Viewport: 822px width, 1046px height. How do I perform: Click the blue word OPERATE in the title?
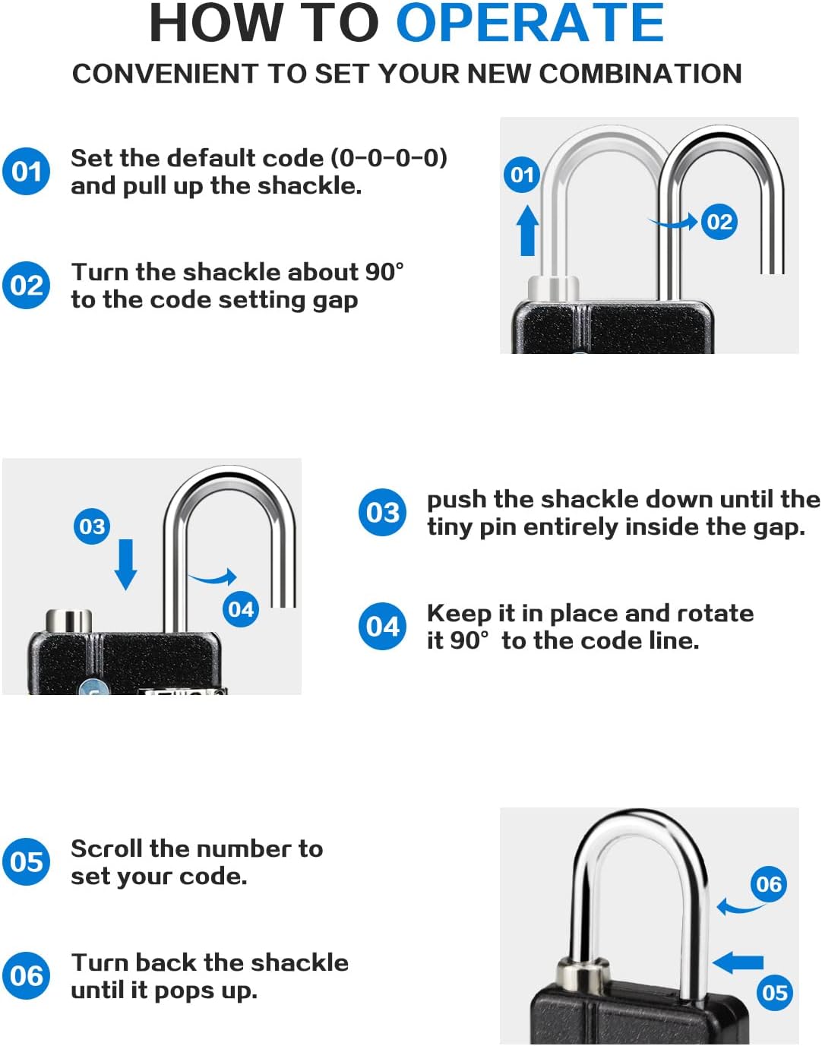pos(530,23)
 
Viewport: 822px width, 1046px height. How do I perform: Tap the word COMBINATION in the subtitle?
pos(640,74)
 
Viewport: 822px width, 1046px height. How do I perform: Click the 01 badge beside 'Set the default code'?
pos(26,172)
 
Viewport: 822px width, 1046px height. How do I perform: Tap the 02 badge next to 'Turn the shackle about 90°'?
pos(26,286)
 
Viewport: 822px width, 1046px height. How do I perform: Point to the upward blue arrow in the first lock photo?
pos(527,231)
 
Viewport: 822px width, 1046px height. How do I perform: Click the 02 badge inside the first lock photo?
pos(719,222)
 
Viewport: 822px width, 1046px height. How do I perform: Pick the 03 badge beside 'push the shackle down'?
pos(383,512)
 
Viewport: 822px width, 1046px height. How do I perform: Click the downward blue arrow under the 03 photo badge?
pos(125,564)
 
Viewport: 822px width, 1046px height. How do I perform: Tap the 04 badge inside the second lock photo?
pos(241,609)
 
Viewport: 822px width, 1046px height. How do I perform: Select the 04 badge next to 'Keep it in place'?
pos(383,626)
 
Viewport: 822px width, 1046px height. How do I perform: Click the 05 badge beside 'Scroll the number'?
pos(26,861)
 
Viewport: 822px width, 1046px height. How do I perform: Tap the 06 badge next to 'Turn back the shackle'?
pos(26,975)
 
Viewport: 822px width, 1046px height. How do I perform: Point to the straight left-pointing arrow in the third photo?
pos(738,962)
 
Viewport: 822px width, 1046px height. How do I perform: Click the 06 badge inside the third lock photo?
pos(769,883)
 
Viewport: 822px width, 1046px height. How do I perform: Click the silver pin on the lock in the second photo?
pos(69,621)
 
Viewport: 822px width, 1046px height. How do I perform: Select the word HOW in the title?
pos(216,23)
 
